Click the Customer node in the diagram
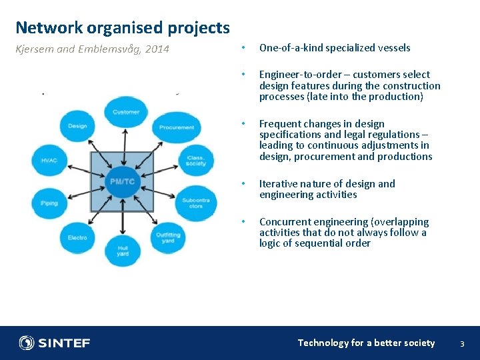tap(126, 113)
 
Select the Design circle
tap(77, 126)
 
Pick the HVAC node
tap(49, 161)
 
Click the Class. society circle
tap(196, 160)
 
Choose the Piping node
tap(49, 202)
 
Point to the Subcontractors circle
tap(195, 201)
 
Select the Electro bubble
tap(77, 237)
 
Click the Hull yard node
tap(123, 251)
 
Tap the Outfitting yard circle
tap(168, 237)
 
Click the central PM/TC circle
tap(123, 181)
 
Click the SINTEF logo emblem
tap(27, 343)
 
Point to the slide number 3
tap(461, 343)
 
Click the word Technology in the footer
tap(323, 343)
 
